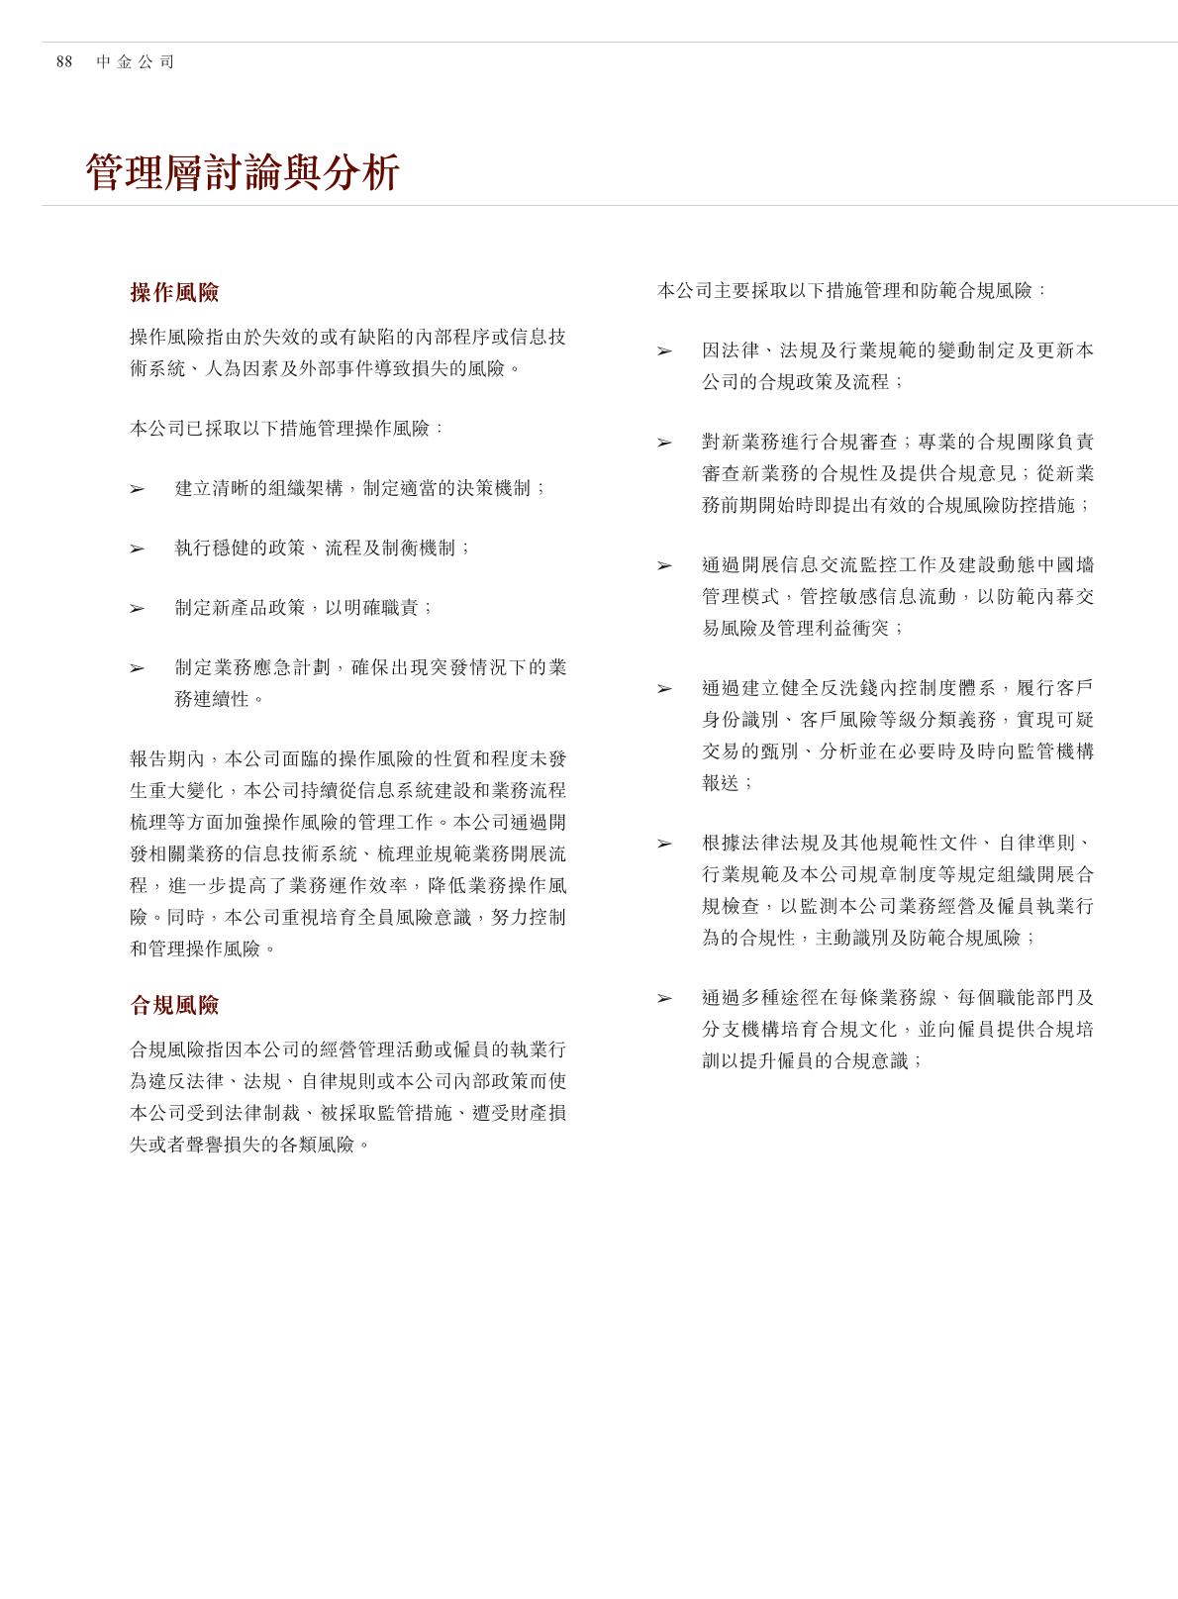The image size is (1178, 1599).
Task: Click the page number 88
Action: point(64,62)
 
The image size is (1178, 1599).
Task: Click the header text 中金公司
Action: point(136,62)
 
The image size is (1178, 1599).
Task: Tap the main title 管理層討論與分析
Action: point(243,173)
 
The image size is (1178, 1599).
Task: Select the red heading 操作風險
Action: point(174,293)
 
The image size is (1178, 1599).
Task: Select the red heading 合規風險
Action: point(174,1006)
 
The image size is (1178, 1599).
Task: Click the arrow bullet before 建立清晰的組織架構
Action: point(137,489)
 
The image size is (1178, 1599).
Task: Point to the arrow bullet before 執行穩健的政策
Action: point(137,549)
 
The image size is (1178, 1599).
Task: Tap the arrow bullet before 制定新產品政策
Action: point(137,608)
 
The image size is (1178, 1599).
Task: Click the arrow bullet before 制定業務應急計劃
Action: point(137,668)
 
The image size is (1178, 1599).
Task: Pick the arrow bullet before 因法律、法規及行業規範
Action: point(664,351)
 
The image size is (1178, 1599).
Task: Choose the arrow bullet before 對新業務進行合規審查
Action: point(664,444)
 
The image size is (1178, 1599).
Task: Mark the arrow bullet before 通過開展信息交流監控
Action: point(664,566)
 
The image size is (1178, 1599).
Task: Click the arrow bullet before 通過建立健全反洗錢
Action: point(664,689)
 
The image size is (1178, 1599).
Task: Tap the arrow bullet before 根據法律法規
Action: point(664,844)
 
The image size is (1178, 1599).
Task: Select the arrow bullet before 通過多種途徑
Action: point(664,999)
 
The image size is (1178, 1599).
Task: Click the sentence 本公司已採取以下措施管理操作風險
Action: point(286,429)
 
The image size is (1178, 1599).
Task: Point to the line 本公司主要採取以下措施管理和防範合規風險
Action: point(851,291)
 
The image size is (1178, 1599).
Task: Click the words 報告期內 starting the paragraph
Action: point(165,759)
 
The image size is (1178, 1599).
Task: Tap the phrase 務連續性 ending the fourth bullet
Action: point(212,699)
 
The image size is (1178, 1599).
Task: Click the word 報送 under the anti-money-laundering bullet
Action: point(721,782)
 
